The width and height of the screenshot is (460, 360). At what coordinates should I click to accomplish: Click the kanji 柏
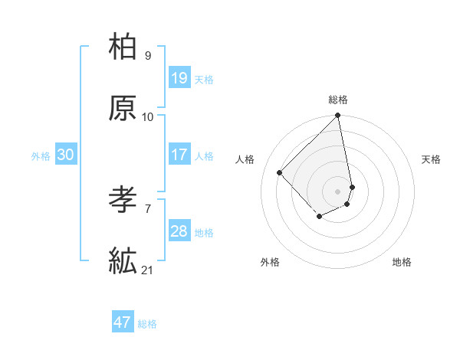click(x=123, y=47)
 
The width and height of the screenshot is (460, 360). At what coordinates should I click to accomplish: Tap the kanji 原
click(x=123, y=108)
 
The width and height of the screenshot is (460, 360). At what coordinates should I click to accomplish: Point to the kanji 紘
click(x=123, y=261)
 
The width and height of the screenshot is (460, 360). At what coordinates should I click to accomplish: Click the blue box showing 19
click(x=179, y=78)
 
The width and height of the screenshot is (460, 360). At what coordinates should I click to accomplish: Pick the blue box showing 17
click(x=179, y=155)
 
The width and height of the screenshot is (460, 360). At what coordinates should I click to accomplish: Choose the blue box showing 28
click(x=179, y=231)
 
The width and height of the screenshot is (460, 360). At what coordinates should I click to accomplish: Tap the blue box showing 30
click(x=66, y=155)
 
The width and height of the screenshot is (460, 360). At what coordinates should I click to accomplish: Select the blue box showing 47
click(x=123, y=322)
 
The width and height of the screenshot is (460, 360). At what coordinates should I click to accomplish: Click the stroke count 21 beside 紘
click(x=148, y=270)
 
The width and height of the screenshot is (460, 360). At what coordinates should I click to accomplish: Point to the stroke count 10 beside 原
click(x=148, y=116)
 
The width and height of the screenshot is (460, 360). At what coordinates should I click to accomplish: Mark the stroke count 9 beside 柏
click(x=148, y=55)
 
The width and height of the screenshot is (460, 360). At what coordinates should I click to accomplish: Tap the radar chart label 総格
click(x=338, y=100)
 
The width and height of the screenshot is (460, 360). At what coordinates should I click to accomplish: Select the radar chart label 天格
click(x=431, y=159)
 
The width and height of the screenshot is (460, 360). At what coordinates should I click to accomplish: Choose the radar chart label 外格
click(x=270, y=262)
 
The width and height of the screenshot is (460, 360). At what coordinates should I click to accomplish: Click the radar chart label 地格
click(x=402, y=262)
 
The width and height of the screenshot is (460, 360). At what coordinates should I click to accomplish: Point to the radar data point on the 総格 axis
click(x=338, y=116)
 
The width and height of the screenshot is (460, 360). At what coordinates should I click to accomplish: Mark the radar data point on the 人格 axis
click(x=280, y=172)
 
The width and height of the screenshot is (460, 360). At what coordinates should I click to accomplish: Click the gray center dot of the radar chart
click(x=338, y=191)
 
